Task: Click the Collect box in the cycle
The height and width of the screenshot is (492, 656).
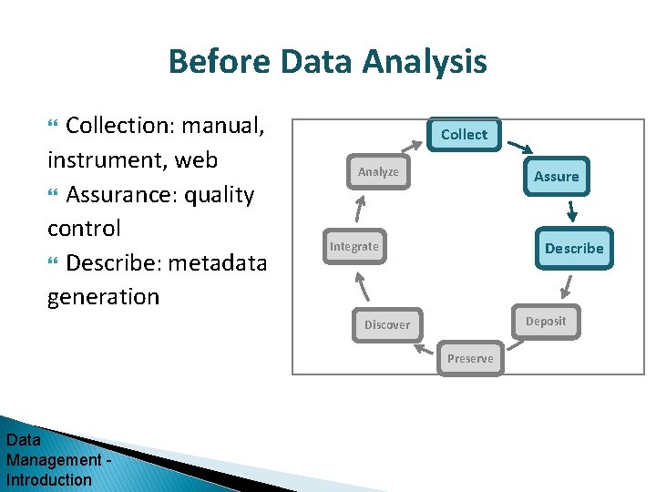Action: point(464,135)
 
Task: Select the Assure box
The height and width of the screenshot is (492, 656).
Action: point(556,177)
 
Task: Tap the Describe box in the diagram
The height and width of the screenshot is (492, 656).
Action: point(573,248)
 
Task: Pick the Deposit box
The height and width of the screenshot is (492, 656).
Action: point(545,322)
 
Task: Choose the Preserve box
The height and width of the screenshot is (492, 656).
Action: point(470,358)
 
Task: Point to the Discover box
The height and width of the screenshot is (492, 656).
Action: point(387,325)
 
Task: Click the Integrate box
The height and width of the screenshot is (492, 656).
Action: point(354,247)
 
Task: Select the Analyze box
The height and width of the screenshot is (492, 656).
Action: point(378,172)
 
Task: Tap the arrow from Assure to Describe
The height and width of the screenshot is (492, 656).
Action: point(572,211)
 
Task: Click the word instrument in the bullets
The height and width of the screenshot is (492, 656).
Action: point(107,160)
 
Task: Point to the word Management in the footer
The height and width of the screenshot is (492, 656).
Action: point(53,460)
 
